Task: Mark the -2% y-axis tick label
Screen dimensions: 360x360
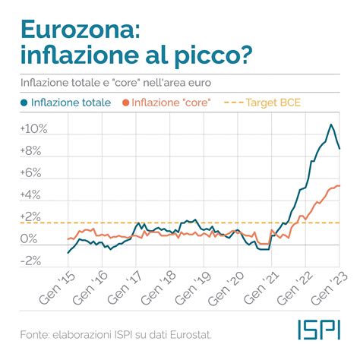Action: tap(31, 261)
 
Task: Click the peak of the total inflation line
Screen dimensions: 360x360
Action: tap(330, 125)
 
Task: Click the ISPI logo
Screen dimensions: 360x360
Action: tap(320, 330)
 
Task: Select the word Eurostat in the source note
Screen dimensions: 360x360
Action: tap(188, 334)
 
